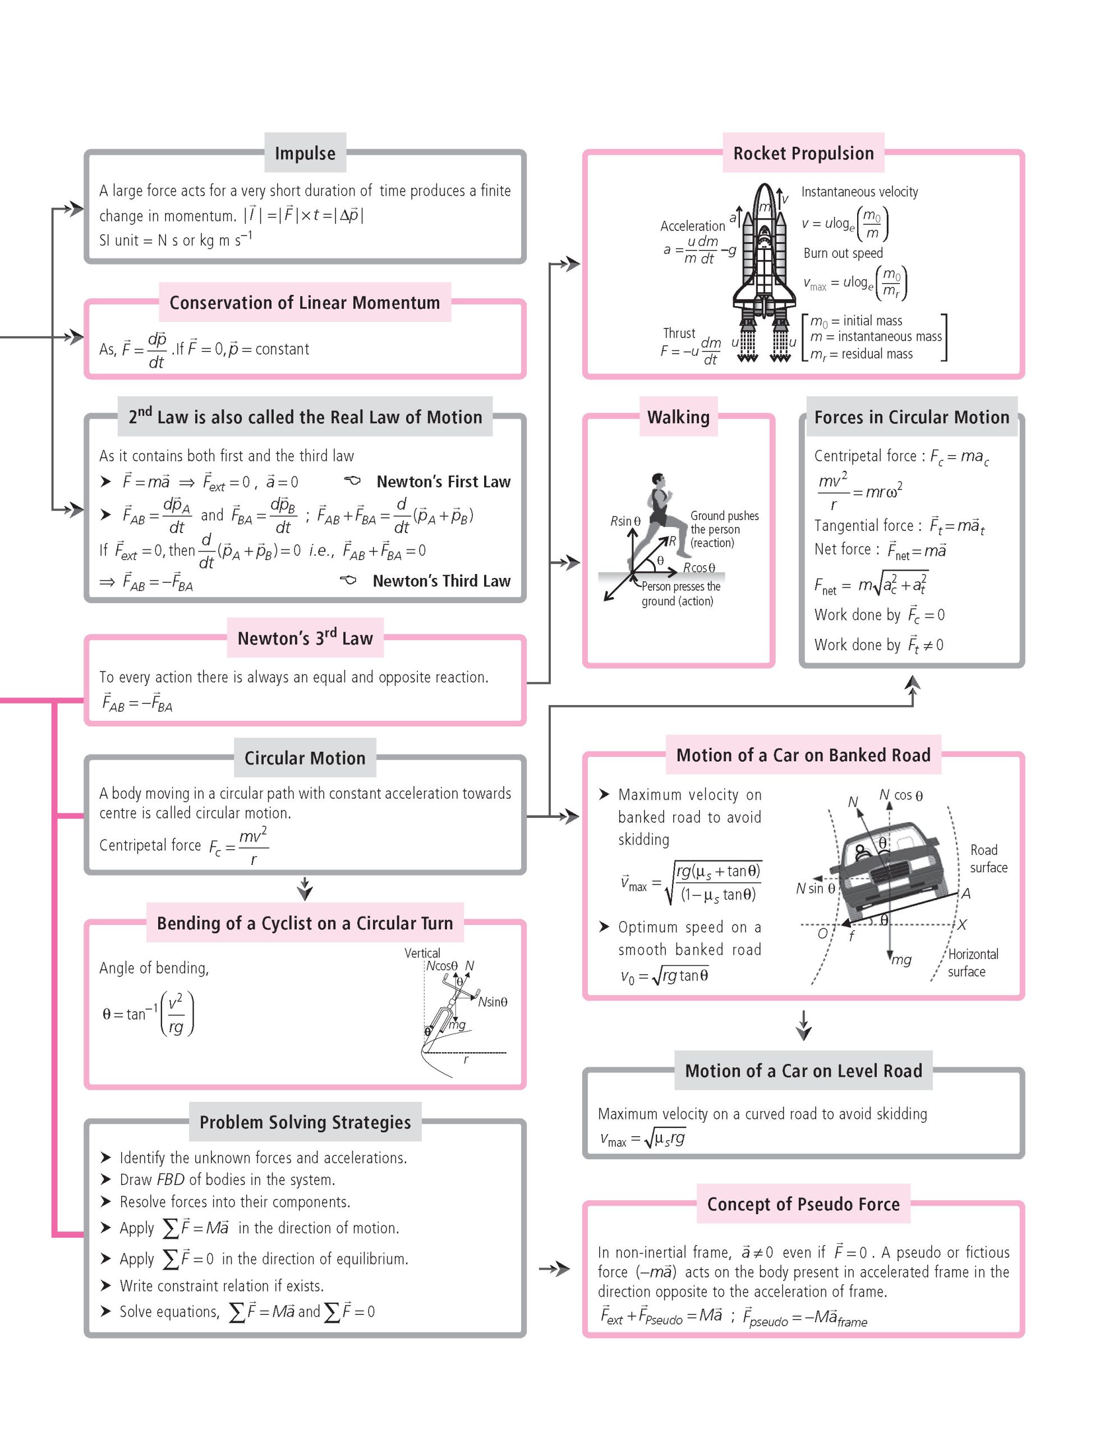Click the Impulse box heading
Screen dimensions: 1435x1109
[305, 153]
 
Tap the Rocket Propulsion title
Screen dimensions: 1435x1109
[803, 153]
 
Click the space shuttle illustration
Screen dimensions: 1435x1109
[764, 263]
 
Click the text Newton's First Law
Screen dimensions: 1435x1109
[443, 482]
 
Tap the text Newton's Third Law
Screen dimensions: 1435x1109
[441, 581]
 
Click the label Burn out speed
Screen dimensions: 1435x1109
[843, 253]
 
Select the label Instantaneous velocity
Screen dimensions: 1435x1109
[859, 192]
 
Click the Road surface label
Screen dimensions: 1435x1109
[988, 858]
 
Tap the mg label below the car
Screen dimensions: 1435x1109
[901, 960]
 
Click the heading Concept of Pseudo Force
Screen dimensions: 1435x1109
[803, 1203]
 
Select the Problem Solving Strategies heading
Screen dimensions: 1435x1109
[305, 1122]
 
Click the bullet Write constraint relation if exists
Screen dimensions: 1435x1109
[222, 1286]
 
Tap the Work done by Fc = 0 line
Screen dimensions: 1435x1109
[879, 615]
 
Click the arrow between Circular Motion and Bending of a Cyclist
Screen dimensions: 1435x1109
[305, 888]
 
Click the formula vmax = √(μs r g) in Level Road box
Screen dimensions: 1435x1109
[642, 1138]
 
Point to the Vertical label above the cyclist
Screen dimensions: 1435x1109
[422, 953]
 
